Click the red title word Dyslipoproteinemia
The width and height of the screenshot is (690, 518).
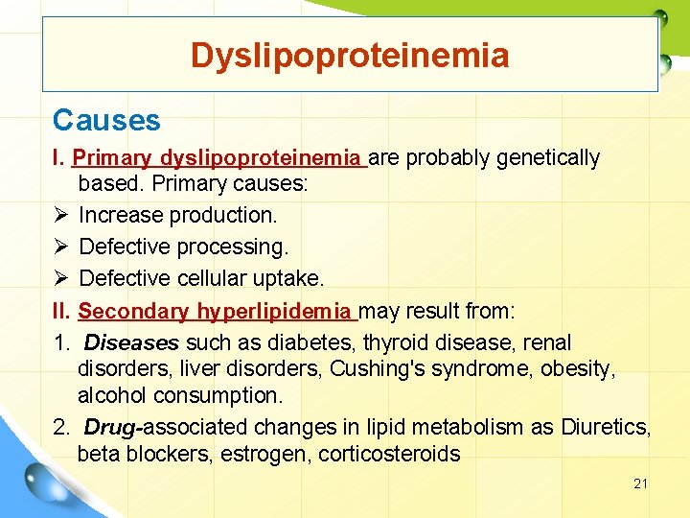click(x=350, y=55)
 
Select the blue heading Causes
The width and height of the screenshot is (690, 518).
click(x=106, y=120)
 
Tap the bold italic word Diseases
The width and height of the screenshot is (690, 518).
click(x=131, y=342)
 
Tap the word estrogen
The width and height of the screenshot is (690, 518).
click(x=259, y=454)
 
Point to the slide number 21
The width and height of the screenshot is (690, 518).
click(x=640, y=483)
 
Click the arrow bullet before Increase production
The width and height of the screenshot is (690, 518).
click(x=60, y=215)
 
